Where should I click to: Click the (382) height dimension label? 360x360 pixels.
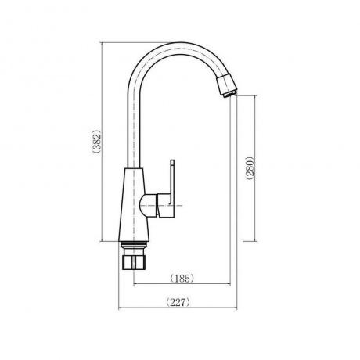click(96, 141)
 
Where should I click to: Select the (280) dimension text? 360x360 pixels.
click(249, 168)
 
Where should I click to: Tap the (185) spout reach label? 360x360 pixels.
click(182, 279)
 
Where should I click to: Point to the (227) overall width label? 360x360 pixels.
click(178, 302)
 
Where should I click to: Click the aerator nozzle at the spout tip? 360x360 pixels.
click(227, 85)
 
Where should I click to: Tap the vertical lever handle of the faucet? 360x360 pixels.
click(172, 182)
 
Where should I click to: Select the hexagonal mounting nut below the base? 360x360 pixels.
click(135, 262)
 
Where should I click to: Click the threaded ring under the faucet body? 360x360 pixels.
click(135, 244)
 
